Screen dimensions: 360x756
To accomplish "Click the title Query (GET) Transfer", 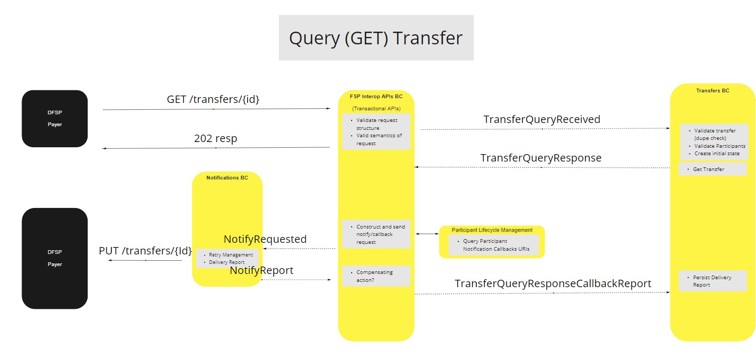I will [375, 38].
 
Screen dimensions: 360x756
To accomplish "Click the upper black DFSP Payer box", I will [55, 119].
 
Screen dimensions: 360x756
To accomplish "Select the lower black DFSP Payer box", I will [55, 258].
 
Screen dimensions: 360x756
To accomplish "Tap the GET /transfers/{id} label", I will [213, 99].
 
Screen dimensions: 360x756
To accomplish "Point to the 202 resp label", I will [215, 139].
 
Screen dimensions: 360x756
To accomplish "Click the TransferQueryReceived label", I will [542, 119].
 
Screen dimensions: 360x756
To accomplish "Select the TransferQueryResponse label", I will [541, 158].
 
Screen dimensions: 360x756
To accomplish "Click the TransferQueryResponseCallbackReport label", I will [553, 283].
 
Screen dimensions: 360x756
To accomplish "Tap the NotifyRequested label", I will [265, 239].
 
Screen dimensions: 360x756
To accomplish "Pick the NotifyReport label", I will [261, 270].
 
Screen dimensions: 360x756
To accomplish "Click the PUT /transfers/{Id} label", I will [145, 251].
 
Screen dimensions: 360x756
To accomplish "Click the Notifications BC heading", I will [227, 178].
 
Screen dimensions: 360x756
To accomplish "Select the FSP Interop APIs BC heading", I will [376, 97].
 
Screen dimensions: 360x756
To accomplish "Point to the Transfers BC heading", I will [712, 91].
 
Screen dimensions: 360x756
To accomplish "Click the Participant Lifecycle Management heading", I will [492, 230].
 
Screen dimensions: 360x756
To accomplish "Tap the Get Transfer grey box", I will [712, 169].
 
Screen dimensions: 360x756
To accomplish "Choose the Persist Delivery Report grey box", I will [712, 281].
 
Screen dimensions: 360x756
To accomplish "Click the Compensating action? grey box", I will [376, 276].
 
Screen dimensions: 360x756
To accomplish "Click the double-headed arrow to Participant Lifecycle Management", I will [427, 233].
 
